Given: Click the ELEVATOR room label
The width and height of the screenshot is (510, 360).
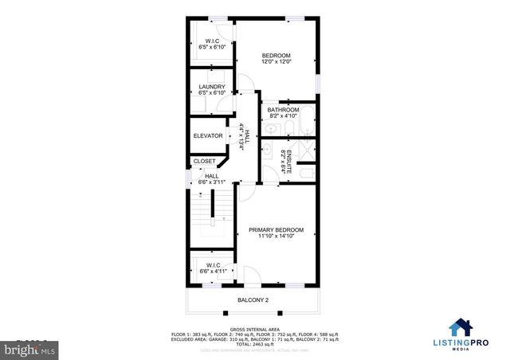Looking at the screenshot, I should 208,136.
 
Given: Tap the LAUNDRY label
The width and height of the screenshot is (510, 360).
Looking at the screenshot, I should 212,87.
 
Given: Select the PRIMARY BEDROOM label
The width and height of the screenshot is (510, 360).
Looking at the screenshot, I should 276,229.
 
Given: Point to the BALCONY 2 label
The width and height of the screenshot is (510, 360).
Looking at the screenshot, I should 253,300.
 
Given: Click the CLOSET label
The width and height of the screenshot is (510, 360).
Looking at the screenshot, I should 205,162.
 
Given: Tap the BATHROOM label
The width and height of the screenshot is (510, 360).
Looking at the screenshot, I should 283,110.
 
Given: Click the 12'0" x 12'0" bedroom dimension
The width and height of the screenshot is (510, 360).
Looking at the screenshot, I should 277,62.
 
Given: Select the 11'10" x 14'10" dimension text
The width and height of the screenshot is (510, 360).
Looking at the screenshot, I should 276,237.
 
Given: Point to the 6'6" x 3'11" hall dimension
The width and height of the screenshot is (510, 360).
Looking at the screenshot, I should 211,183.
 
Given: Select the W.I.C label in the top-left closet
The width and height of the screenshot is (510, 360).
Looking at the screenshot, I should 212,41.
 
